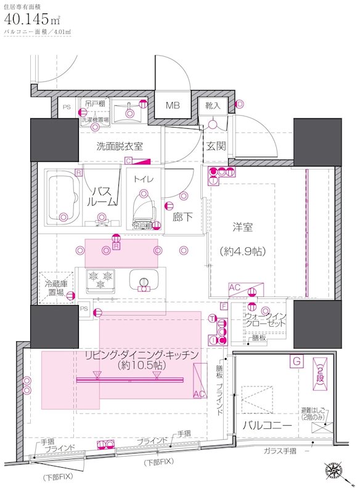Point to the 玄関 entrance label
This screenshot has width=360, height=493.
(216, 146)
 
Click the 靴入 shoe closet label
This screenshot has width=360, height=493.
(213, 106)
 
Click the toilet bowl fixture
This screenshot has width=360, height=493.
(142, 207)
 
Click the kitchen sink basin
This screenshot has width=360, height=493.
(144, 282)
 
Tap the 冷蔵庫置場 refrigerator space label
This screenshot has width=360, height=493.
(57, 289)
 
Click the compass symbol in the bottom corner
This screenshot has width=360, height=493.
(337, 471)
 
